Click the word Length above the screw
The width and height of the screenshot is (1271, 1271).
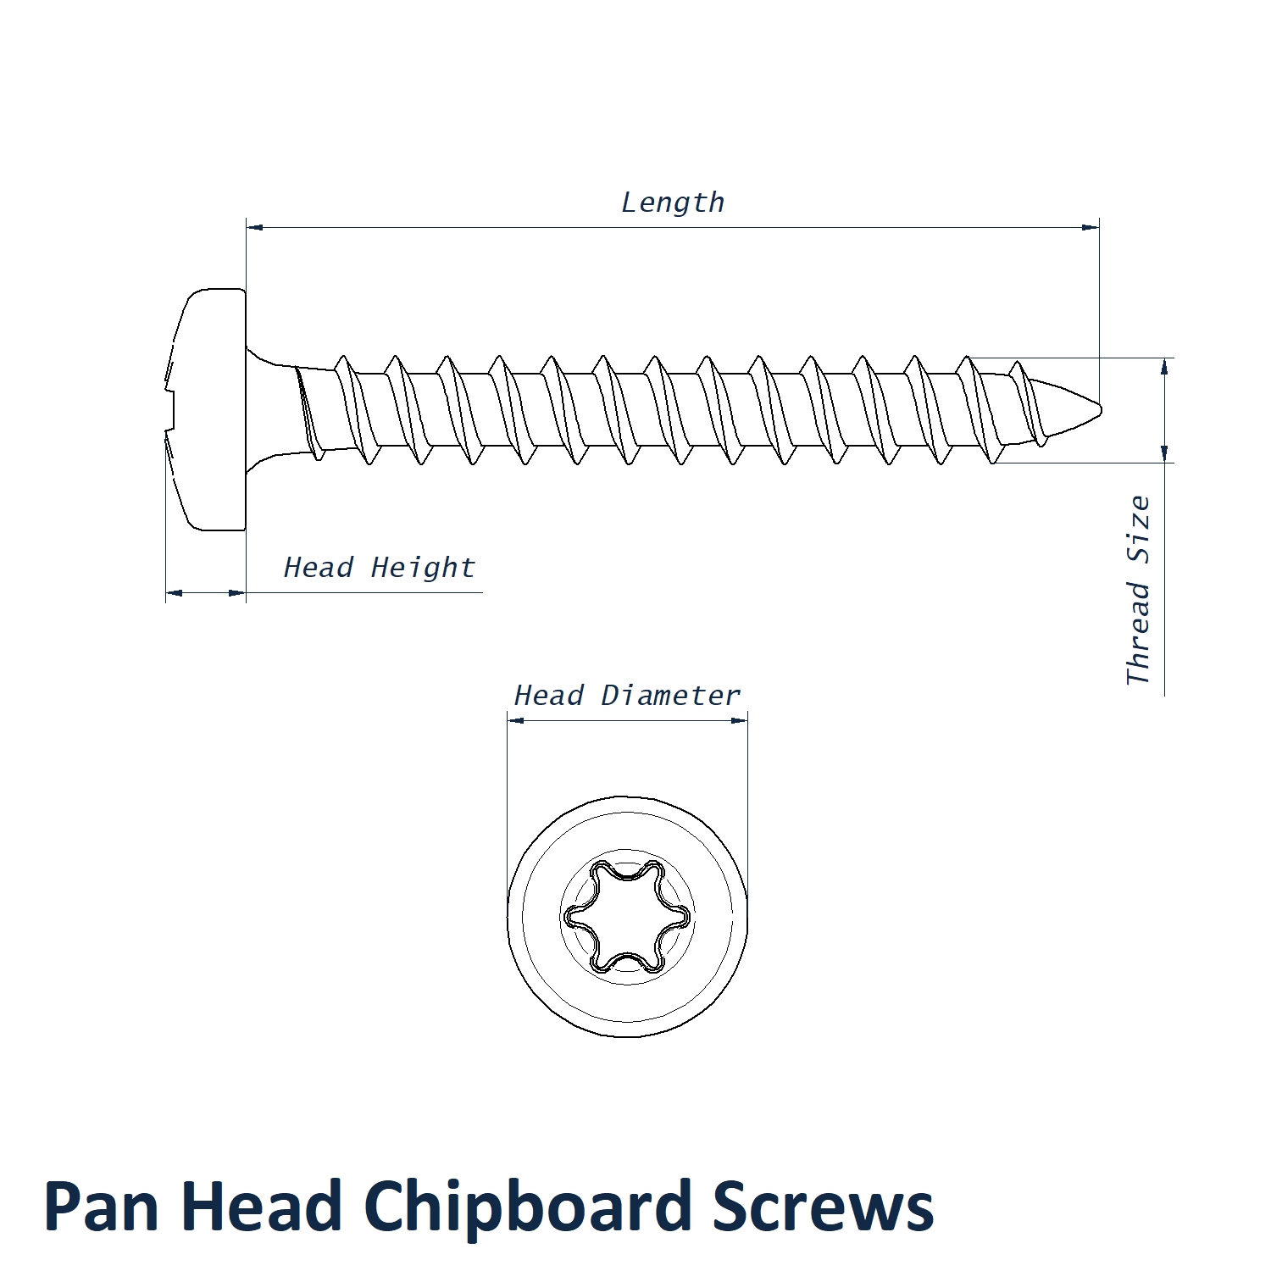[x=673, y=203]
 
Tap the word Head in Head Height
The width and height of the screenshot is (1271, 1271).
[x=318, y=568]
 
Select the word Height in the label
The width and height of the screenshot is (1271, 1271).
[x=423, y=568]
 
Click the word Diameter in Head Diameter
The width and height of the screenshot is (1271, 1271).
[x=670, y=696]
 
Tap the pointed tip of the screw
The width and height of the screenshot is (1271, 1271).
[x=1098, y=410]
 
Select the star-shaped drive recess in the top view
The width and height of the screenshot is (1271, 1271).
[x=627, y=916]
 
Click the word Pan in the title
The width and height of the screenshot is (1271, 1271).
[x=101, y=1207]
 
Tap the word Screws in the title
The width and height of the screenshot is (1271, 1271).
[x=823, y=1207]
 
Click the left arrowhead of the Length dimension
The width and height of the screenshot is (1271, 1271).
[x=254, y=227]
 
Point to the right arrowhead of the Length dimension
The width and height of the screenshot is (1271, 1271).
[x=1091, y=227]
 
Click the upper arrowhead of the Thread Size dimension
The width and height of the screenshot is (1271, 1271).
[x=1165, y=366]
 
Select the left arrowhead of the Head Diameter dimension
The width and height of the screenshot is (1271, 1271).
[x=515, y=720]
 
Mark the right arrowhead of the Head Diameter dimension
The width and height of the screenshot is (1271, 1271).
[x=740, y=720]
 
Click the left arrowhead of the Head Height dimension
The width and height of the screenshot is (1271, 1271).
[x=174, y=593]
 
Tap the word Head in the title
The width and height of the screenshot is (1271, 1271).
[x=261, y=1207]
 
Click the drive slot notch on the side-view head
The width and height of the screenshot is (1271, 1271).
[x=170, y=410]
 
